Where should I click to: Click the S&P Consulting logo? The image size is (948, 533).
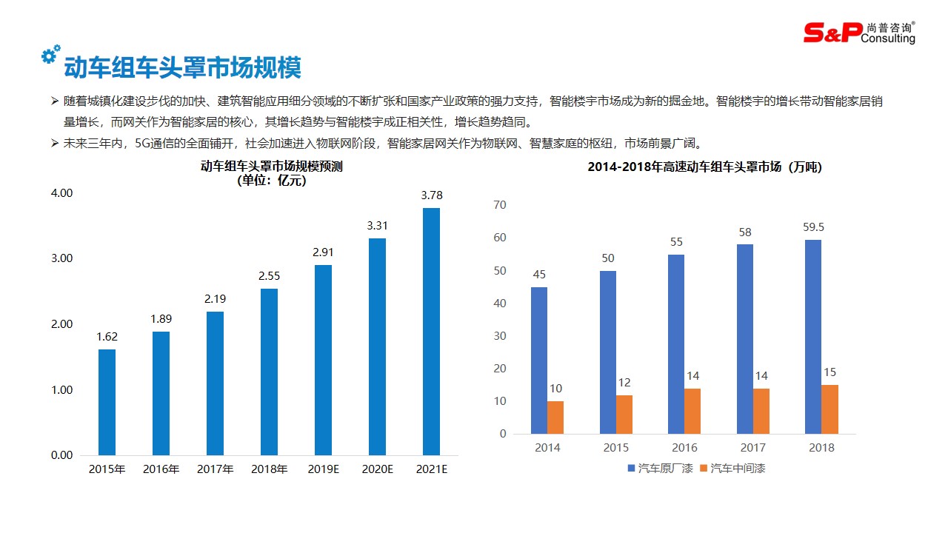pyautogui.click(x=859, y=32)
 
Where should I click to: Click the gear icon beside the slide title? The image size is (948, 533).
pyautogui.click(x=50, y=54)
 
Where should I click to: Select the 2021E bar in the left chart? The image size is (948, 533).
pyautogui.click(x=431, y=331)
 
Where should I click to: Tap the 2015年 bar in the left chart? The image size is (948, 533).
pyautogui.click(x=107, y=402)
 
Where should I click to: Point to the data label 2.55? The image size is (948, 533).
pyautogui.click(x=269, y=275)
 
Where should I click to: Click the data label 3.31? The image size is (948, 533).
pyautogui.click(x=377, y=225)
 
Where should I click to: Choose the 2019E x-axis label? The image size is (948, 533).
pyautogui.click(x=323, y=469)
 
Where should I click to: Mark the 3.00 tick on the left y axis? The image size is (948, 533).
pyautogui.click(x=61, y=258)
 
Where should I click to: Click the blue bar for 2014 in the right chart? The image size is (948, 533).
pyautogui.click(x=539, y=361)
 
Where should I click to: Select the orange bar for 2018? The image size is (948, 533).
pyautogui.click(x=829, y=409)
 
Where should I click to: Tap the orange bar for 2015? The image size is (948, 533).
pyautogui.click(x=624, y=415)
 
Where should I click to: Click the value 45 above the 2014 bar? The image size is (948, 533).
pyautogui.click(x=539, y=275)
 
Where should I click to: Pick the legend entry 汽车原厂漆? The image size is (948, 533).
pyautogui.click(x=660, y=468)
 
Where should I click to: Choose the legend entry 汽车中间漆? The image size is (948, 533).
pyautogui.click(x=738, y=468)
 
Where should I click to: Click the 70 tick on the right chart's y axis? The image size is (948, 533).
pyautogui.click(x=500, y=205)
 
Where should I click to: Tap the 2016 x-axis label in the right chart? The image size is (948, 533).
pyautogui.click(x=684, y=447)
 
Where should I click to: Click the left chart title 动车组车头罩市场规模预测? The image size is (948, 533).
pyautogui.click(x=271, y=167)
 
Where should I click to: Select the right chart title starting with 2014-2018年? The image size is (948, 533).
pyautogui.click(x=704, y=167)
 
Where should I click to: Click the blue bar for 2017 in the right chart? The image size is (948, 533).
pyautogui.click(x=745, y=339)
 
